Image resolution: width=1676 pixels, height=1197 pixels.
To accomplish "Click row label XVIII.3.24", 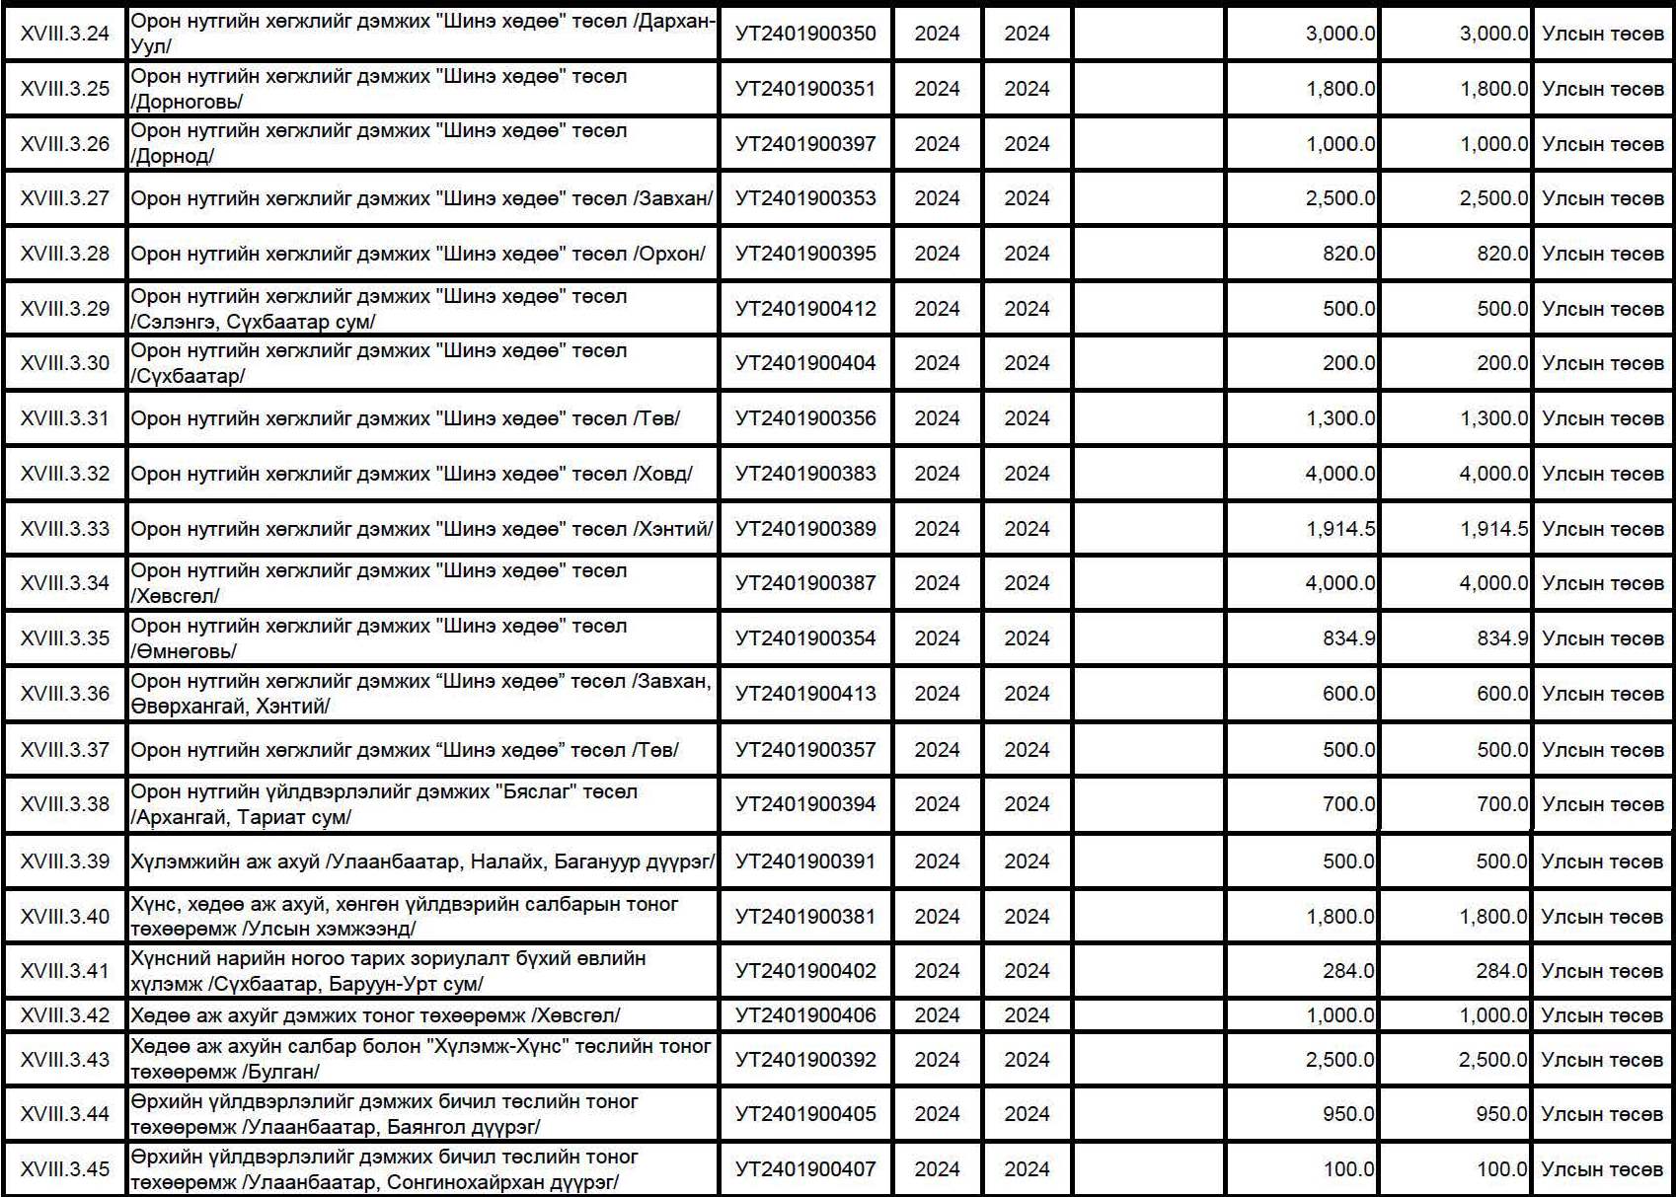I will click(x=65, y=34).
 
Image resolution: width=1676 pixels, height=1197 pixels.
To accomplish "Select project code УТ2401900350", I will click(x=805, y=34).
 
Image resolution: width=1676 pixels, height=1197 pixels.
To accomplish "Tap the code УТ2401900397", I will click(x=805, y=144).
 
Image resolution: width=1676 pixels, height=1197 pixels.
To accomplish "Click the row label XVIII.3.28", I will click(x=65, y=254).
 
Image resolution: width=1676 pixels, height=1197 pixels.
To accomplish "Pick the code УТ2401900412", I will click(x=805, y=309).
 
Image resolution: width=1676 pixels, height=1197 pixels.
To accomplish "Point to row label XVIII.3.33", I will click(x=65, y=529).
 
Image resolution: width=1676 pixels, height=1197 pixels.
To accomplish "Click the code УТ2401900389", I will click(x=805, y=529).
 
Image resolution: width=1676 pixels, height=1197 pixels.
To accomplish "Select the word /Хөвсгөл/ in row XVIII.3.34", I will click(x=176, y=596).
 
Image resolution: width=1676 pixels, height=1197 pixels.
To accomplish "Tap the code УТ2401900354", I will click(x=805, y=638).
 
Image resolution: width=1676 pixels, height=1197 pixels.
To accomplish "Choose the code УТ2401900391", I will click(x=805, y=861).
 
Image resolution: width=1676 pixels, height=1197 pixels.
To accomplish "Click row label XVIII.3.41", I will click(x=65, y=971).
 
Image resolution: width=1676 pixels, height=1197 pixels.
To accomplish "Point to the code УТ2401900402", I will click(x=805, y=971).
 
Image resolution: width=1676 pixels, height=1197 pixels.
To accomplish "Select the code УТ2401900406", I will click(x=805, y=1015).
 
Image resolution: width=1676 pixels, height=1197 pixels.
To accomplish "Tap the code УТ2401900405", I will click(x=805, y=1114).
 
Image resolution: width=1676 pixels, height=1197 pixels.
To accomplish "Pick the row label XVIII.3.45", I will click(x=65, y=1169).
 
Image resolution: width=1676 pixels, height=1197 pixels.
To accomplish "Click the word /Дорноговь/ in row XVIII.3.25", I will click(x=187, y=102).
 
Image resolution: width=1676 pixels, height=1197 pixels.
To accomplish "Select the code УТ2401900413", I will click(x=805, y=694).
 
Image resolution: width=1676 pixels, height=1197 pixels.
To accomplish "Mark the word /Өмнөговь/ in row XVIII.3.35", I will click(x=185, y=651).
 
